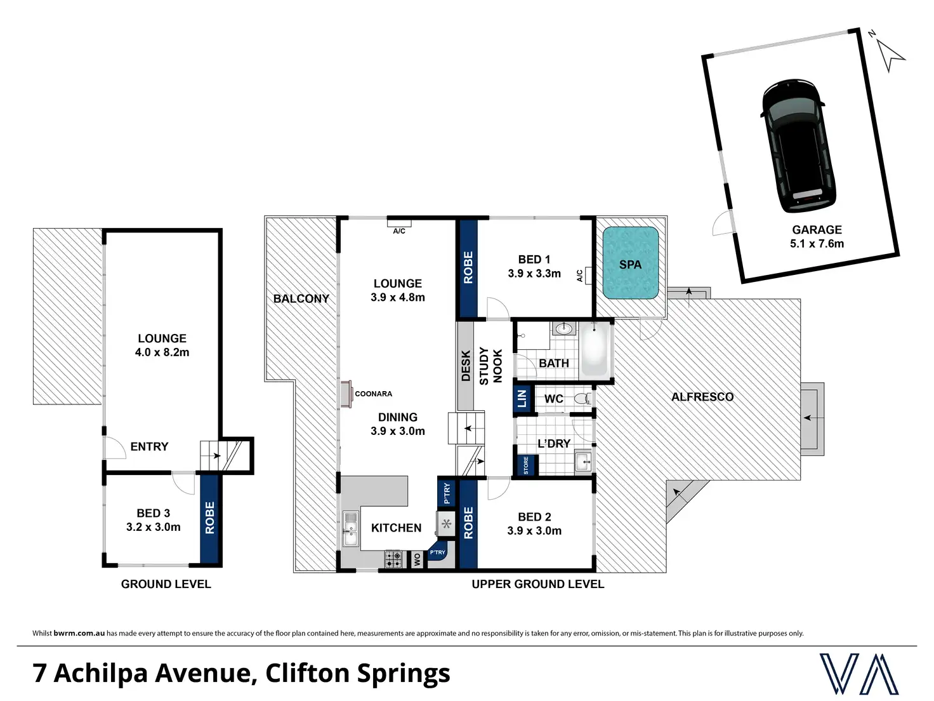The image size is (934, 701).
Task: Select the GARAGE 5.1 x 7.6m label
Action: tap(817, 236)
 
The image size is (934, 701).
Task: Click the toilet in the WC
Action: tap(582, 399)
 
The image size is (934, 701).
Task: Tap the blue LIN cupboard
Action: tap(522, 399)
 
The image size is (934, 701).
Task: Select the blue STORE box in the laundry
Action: tap(526, 465)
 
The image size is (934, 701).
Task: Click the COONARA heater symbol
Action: tap(346, 394)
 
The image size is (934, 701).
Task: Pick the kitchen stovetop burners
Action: tap(393, 559)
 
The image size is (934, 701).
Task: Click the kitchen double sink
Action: tap(350, 528)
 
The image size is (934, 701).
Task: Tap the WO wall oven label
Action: tap(417, 560)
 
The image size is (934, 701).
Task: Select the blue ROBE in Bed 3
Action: tap(210, 518)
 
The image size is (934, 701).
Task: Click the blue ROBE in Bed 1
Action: tap(468, 267)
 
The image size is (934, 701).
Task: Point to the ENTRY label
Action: tap(149, 446)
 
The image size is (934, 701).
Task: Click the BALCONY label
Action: tap(301, 298)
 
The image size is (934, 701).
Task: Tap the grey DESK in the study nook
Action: tap(466, 366)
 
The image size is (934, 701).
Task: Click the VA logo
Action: tap(858, 674)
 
